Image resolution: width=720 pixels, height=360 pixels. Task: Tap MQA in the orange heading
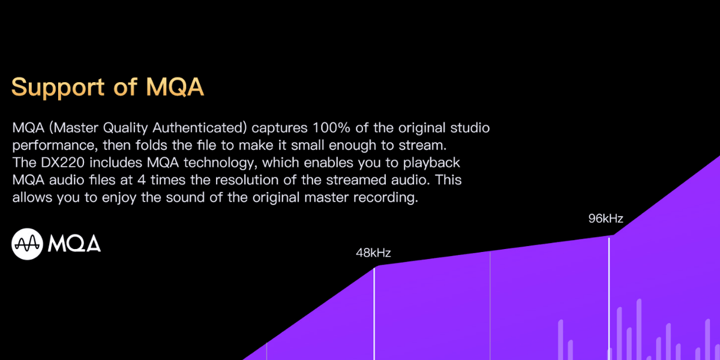(175, 87)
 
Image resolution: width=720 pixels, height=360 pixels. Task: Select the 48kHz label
(373, 253)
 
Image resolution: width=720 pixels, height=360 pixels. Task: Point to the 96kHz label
(605, 219)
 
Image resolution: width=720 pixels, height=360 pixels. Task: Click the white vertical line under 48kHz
(374, 312)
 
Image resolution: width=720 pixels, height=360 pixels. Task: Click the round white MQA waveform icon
(27, 244)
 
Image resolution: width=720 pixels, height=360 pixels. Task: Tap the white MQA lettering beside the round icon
(74, 244)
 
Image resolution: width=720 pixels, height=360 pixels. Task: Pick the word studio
(470, 128)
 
